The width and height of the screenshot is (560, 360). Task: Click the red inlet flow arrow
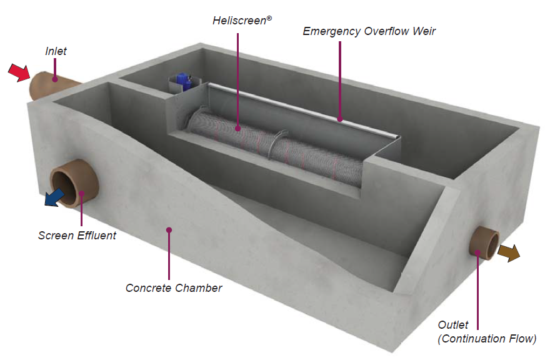pyautogui.click(x=19, y=72)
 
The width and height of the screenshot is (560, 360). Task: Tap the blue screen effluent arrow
pyautogui.click(x=54, y=197)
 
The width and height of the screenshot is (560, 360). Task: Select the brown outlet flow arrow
pyautogui.click(x=509, y=253)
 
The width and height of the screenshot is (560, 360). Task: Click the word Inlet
pyautogui.click(x=56, y=51)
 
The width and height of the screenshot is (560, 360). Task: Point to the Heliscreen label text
pyautogui.click(x=242, y=21)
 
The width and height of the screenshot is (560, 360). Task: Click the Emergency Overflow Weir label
pyautogui.click(x=369, y=31)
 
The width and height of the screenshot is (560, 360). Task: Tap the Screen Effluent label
pyautogui.click(x=77, y=236)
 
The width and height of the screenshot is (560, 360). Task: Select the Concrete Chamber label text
pyautogui.click(x=174, y=288)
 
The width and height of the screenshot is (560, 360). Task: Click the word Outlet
pyautogui.click(x=453, y=324)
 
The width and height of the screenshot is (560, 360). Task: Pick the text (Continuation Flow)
pyautogui.click(x=487, y=339)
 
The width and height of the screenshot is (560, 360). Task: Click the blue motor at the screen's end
pyautogui.click(x=184, y=81)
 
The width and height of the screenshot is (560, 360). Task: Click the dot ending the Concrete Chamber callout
pyautogui.click(x=169, y=230)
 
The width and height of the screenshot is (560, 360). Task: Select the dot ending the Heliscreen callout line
pyautogui.click(x=238, y=128)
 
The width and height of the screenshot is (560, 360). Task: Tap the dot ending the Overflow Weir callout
pyautogui.click(x=340, y=119)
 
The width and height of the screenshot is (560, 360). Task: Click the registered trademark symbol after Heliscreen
pyautogui.click(x=269, y=18)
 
